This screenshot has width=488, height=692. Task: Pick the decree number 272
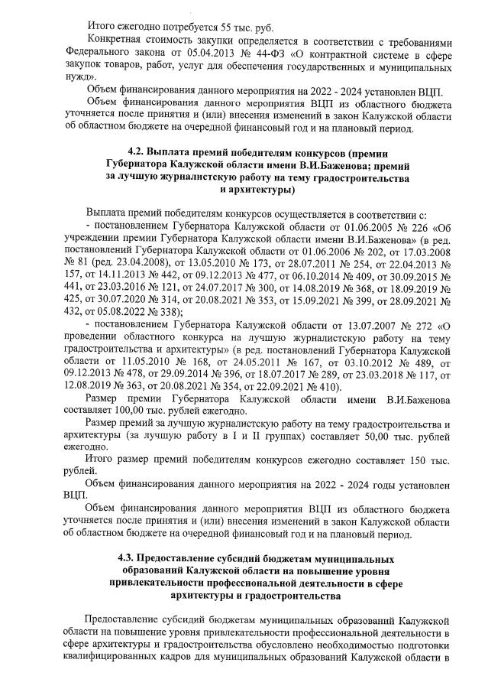pos(432,328)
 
